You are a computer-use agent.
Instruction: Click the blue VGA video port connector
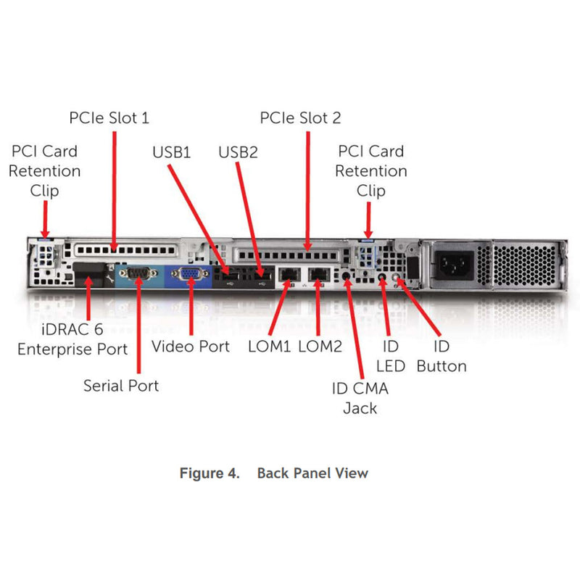pos(189,274)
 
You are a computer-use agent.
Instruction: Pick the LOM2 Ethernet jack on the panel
pos(319,275)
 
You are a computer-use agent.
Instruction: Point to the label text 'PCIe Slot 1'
pos(109,117)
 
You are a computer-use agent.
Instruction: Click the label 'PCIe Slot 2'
pos(300,117)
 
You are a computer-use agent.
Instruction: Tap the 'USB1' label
pos(171,152)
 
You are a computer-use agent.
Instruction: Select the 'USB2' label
pos(238,152)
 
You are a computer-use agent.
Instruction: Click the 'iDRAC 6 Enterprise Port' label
pos(72,339)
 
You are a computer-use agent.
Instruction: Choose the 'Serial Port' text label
pos(121,385)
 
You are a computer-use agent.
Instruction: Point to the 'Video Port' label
pos(191,346)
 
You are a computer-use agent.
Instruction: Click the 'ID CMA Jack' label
pos(360,397)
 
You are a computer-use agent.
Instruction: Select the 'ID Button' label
pos(441,355)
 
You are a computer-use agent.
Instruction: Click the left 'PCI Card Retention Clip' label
pos(45,171)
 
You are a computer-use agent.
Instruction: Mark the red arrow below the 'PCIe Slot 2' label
pos(308,188)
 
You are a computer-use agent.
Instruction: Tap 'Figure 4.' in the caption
pos(209,473)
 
